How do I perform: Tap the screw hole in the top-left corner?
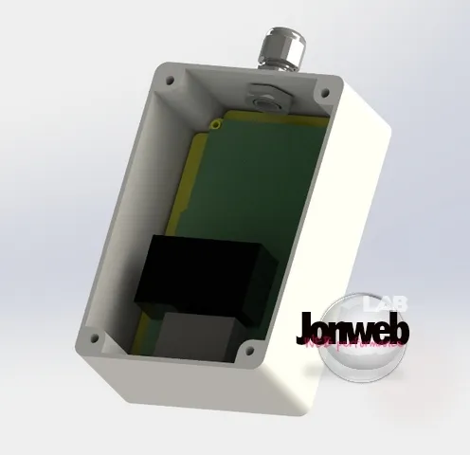(x=171, y=82)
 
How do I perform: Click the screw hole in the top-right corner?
(x=324, y=94)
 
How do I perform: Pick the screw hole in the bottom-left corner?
(x=92, y=336)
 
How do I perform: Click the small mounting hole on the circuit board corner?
(x=219, y=123)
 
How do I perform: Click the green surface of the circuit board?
(x=246, y=190)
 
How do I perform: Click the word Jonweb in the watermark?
(x=351, y=328)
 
